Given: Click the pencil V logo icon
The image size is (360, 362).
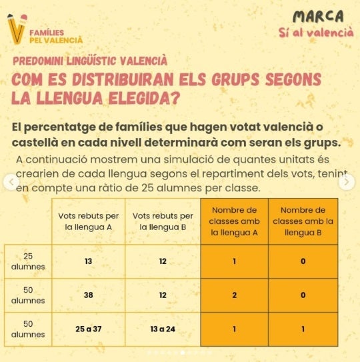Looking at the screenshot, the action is pyautogui.click(x=17, y=29).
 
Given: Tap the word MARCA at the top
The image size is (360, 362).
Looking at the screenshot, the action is pyautogui.click(x=318, y=17).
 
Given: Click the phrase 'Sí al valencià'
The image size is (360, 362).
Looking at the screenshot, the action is pyautogui.click(x=316, y=32).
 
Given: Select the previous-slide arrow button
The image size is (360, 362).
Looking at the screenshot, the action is pyautogui.click(x=11, y=182).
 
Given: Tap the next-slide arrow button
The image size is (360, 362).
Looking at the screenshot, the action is pyautogui.click(x=347, y=182).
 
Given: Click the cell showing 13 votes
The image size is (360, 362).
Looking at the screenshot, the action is pyautogui.click(x=88, y=261).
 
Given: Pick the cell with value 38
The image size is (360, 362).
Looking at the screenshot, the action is pyautogui.click(x=88, y=295).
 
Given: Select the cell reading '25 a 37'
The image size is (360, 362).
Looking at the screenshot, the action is pyautogui.click(x=88, y=329).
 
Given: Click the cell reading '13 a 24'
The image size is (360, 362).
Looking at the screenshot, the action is pyautogui.click(x=163, y=329).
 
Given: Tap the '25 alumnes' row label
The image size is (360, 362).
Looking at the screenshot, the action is pyautogui.click(x=28, y=261).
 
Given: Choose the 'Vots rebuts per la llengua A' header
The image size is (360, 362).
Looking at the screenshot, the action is pyautogui.click(x=88, y=221).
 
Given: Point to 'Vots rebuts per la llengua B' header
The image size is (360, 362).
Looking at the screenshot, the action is pyautogui.click(x=163, y=221).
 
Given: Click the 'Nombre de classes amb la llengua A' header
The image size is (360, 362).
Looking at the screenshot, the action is pyautogui.click(x=234, y=221).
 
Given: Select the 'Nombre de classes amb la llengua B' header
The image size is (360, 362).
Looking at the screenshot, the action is pyautogui.click(x=303, y=221).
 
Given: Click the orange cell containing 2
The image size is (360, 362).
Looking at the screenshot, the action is pyautogui.click(x=235, y=295).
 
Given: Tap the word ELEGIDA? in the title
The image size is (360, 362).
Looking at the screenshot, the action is pyautogui.click(x=144, y=98).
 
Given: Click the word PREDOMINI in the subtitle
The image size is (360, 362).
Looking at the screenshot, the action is pyautogui.click(x=38, y=61).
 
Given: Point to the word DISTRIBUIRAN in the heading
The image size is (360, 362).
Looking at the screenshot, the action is pyautogui.click(x=123, y=79).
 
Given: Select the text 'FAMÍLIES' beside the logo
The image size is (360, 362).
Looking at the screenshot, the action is pyautogui.click(x=47, y=33).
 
